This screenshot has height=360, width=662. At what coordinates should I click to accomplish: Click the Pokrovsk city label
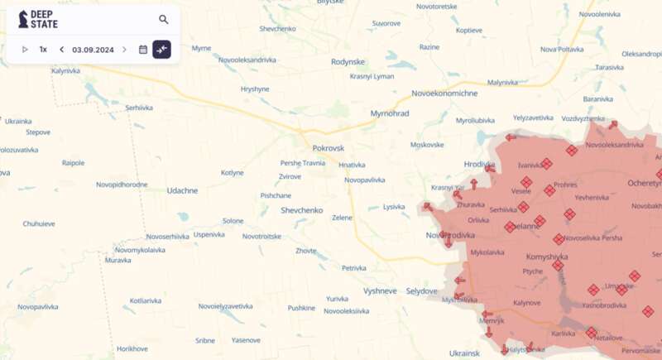328,147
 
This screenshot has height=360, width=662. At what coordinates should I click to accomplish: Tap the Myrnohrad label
390,113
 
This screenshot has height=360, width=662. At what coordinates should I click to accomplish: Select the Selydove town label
421,290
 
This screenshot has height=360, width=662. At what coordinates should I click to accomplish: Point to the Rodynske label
348,61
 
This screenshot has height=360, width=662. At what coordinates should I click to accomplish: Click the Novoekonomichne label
444,93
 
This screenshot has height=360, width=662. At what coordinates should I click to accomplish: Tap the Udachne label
182,190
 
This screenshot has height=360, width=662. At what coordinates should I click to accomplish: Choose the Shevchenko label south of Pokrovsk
301,210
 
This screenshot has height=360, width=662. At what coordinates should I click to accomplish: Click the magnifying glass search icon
164,19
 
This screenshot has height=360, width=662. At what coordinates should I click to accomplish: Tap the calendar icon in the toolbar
143,50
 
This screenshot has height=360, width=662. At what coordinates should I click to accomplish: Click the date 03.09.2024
93,50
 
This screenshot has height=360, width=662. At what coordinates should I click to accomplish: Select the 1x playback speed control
43,50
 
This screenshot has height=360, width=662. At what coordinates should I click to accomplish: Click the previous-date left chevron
61,50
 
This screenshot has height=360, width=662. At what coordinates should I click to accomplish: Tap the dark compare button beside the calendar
161,50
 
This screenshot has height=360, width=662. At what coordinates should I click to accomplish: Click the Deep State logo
38,19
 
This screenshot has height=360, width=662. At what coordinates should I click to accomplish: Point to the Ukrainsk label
463,353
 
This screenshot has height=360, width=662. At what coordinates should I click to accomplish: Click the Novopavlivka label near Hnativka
365,180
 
